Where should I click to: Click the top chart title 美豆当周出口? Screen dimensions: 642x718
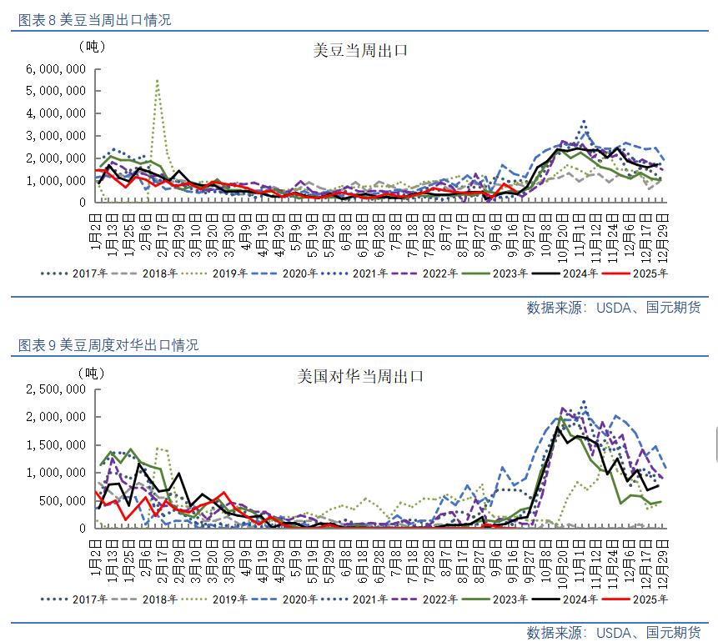pos(359,51)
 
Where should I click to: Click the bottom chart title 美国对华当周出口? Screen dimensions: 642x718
pos(361,377)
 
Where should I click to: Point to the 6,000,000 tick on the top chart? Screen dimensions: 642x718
pos(57,68)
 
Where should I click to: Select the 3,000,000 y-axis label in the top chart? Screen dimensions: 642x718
pos(57,135)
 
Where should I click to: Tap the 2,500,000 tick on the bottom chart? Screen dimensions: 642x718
pos(57,389)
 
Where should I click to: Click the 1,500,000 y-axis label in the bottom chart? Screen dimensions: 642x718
pos(57,445)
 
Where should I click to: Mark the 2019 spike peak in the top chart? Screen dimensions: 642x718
pos(158,81)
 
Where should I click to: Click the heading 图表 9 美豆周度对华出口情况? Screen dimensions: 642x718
pos(108,345)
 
